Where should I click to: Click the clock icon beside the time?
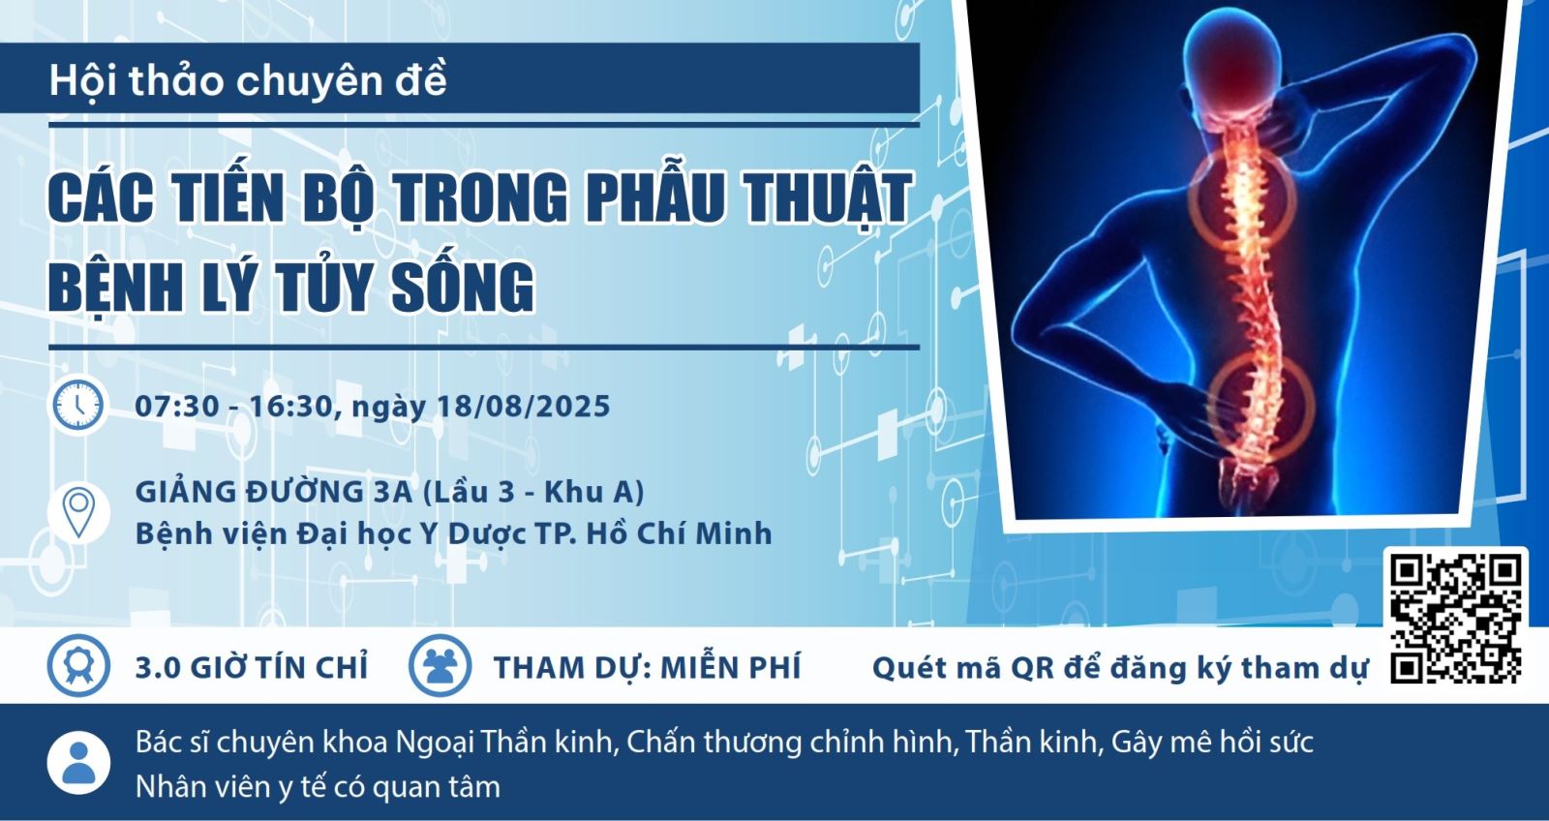pos(78,406)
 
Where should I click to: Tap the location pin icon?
pos(78,512)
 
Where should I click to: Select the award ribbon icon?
pos(78,665)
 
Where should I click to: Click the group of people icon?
pos(440,665)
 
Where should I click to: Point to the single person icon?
pos(78,763)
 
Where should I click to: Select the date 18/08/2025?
pos(524,406)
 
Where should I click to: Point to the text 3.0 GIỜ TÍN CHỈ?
pos(252,667)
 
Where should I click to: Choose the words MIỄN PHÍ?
pos(731,667)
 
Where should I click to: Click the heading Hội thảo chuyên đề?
pos(248,80)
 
